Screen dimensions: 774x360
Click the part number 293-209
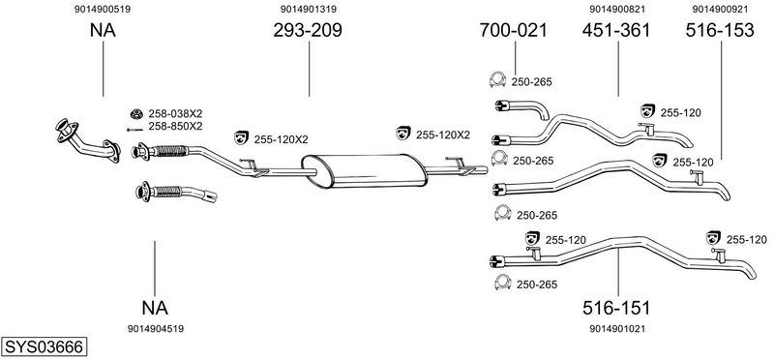(308, 31)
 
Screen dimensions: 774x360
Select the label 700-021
(514, 31)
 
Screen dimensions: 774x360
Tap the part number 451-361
(616, 31)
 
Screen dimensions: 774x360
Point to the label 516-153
(720, 31)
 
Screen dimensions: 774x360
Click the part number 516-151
(616, 308)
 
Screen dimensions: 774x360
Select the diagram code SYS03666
(44, 346)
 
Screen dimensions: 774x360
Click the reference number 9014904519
(156, 329)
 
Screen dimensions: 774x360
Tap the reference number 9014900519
(103, 9)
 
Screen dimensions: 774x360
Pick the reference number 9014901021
(617, 329)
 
